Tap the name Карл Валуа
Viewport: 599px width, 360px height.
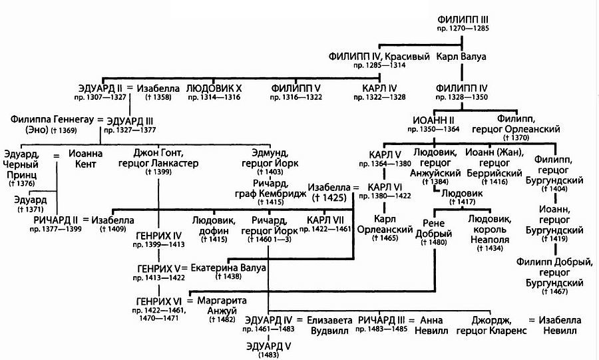(x=461, y=57)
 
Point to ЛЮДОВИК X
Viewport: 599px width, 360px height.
(x=213, y=88)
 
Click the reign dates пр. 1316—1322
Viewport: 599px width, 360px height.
(x=296, y=97)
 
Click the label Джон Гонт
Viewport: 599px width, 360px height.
(x=158, y=152)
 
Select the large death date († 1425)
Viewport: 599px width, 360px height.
(x=328, y=198)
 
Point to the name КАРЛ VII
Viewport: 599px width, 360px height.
(x=324, y=220)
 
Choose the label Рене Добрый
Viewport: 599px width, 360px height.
(x=439, y=227)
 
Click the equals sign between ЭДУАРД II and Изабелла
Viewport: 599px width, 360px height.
(x=130, y=88)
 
